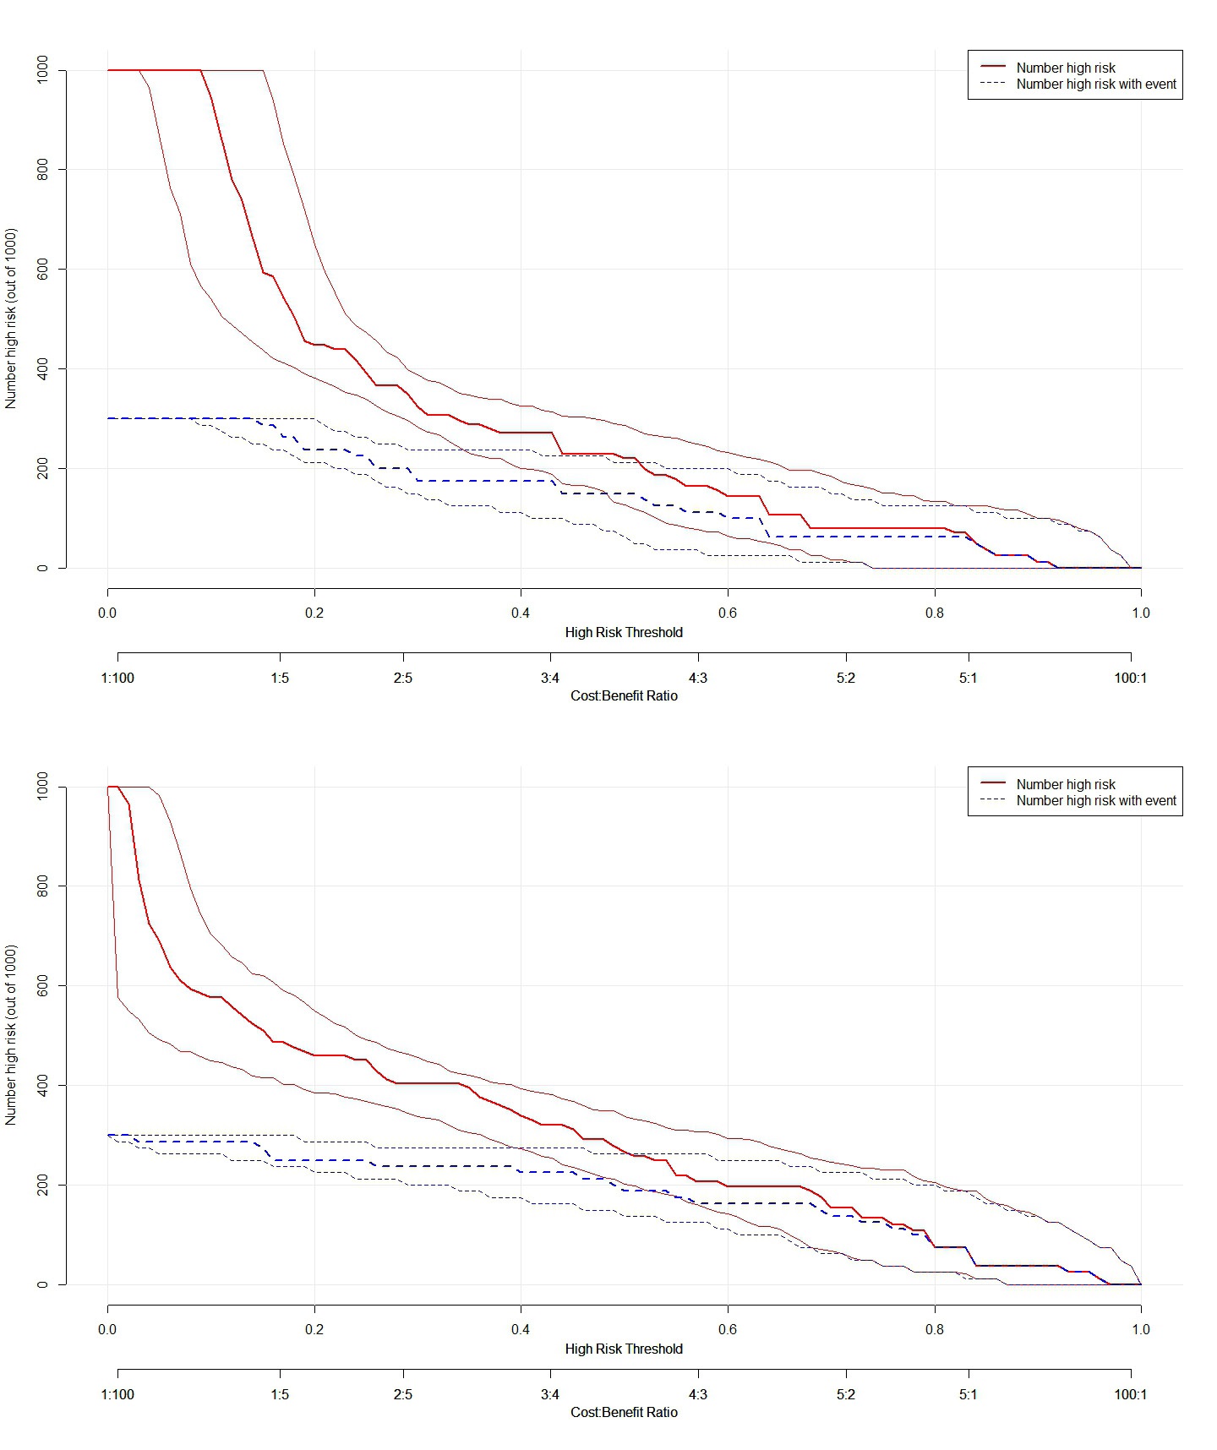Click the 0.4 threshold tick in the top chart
(521, 613)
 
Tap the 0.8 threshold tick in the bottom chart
(934, 1329)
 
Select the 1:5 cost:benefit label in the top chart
(280, 678)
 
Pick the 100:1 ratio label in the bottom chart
(1130, 1394)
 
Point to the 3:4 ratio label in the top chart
(550, 678)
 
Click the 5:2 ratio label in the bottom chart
(845, 1394)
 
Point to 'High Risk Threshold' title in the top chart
(624, 632)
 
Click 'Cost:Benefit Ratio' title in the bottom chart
(624, 1412)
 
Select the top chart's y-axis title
(11, 319)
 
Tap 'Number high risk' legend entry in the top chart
(1066, 68)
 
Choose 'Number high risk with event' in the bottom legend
(1096, 800)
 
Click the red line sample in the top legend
(993, 67)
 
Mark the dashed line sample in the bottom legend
(993, 799)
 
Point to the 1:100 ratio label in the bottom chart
(117, 1394)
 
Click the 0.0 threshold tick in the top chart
(107, 613)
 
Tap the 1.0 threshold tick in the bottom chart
(1141, 1329)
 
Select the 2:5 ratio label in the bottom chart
(403, 1394)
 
